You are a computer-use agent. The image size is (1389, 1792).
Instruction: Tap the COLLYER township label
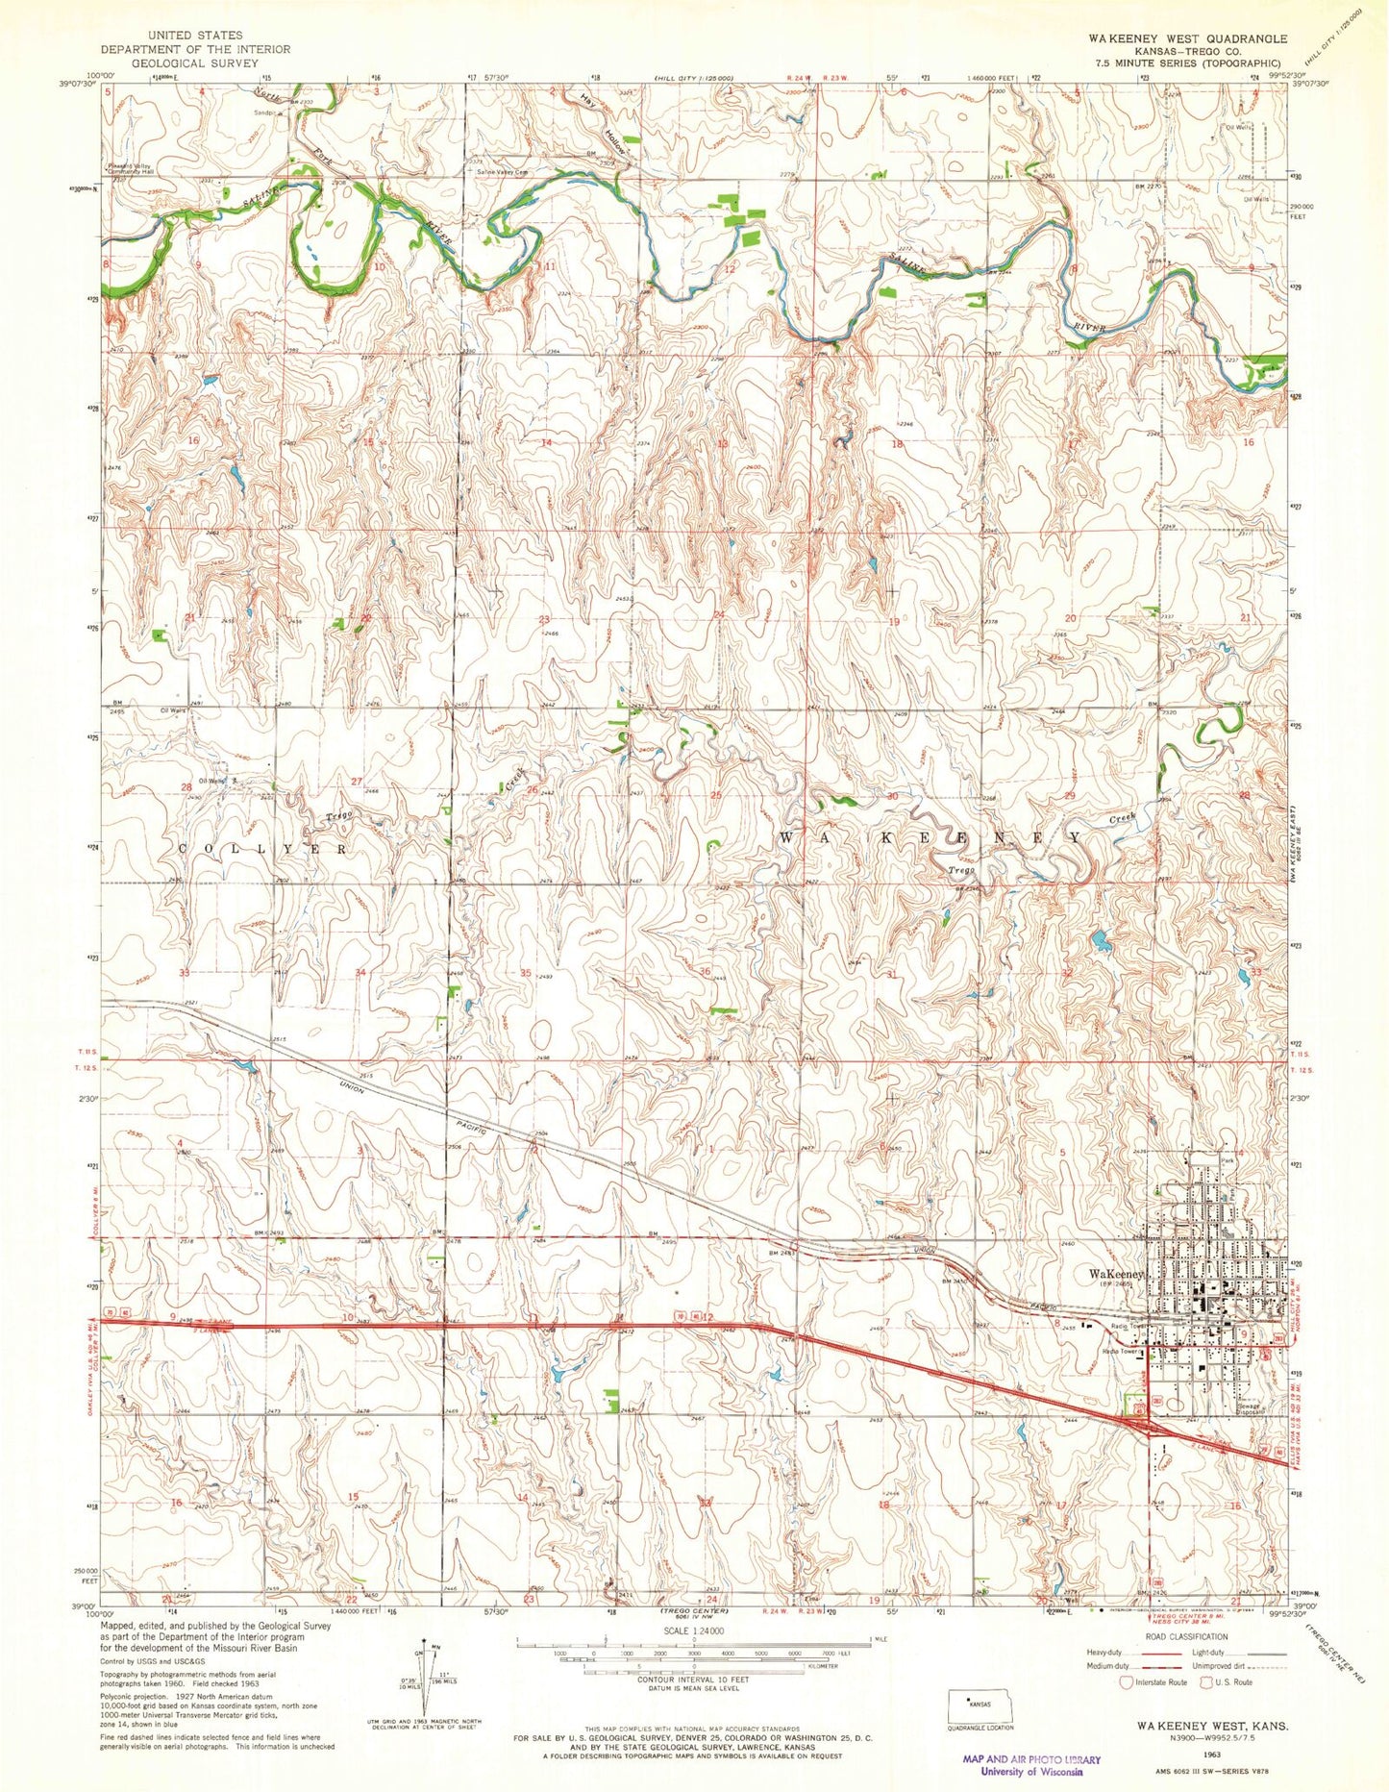[263, 850]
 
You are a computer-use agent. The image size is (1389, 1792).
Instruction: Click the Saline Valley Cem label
[497, 173]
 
